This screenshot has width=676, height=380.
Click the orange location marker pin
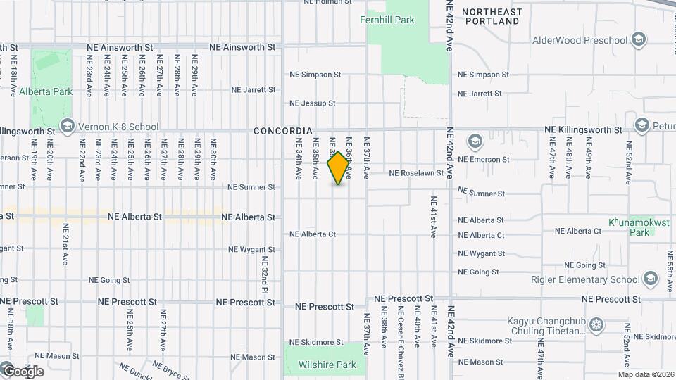pos(339,168)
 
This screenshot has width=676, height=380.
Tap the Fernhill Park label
pos(387,20)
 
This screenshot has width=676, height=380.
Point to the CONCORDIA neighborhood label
pos(282,131)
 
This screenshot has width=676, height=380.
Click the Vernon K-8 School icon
pos(68,127)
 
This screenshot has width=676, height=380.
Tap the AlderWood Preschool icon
pos(639,39)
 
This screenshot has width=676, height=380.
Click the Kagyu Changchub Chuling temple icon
pos(597,324)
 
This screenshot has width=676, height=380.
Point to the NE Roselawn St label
pos(417,173)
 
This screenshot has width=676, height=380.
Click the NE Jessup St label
pos(313,103)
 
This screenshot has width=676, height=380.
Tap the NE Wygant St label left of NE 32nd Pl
pos(252,250)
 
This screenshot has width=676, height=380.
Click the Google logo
pos(23,371)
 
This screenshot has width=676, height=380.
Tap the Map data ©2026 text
pos(646,374)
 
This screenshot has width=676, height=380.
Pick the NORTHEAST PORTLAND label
pos(492,17)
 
